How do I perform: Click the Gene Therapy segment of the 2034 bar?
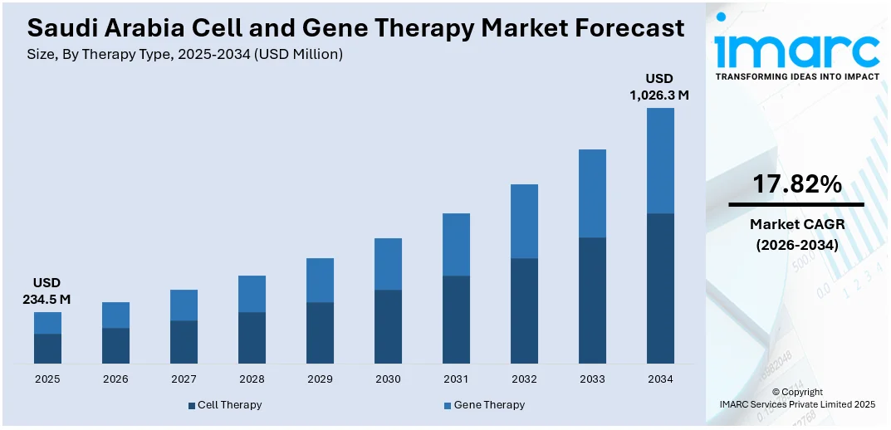(660, 160)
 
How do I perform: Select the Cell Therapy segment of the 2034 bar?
(660, 288)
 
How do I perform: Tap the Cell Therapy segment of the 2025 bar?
(47, 349)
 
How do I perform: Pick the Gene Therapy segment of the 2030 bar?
(388, 264)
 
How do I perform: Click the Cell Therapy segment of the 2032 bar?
(524, 310)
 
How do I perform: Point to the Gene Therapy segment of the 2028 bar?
(252, 294)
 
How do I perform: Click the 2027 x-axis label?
(184, 379)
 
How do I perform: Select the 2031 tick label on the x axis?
(456, 379)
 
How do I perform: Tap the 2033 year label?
(592, 379)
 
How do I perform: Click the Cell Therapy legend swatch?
(191, 405)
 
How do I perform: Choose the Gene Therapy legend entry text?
(490, 405)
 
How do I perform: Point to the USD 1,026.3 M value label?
(660, 86)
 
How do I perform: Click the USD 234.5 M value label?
(47, 291)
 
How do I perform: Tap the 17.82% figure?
(796, 185)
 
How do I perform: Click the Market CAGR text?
(796, 224)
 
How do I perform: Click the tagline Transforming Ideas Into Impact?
(796, 76)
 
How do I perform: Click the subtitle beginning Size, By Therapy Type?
(184, 54)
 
